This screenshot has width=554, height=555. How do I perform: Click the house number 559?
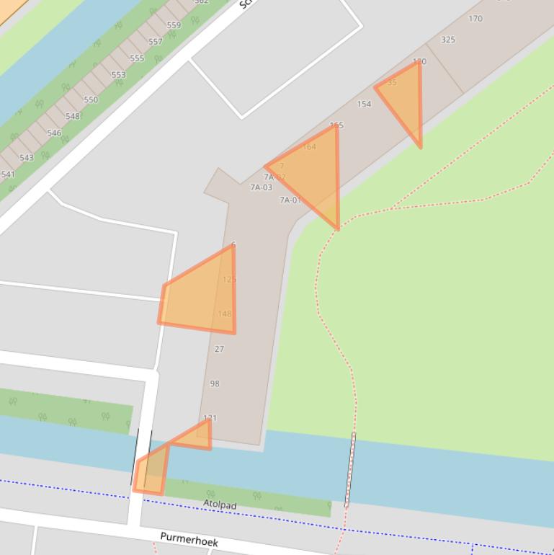tap(174, 25)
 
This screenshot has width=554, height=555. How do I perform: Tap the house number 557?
tap(156, 42)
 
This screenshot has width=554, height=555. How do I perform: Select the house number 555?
tap(137, 58)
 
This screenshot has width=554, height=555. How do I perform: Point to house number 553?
tap(118, 75)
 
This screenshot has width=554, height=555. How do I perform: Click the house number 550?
tap(91, 100)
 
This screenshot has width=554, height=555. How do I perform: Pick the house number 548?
tap(73, 117)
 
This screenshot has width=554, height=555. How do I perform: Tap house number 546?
tap(54, 133)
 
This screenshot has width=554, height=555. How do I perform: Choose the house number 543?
tap(27, 158)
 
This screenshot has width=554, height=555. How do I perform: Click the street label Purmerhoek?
tap(189, 539)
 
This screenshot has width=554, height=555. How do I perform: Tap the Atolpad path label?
tap(220, 505)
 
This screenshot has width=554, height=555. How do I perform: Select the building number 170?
tap(475, 19)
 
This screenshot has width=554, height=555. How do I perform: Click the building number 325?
tap(448, 40)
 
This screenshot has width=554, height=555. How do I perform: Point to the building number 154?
tap(365, 104)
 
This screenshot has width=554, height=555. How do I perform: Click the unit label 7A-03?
tap(262, 187)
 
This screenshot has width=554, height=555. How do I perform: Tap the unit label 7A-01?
tap(290, 200)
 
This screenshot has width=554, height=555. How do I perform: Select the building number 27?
tap(220, 349)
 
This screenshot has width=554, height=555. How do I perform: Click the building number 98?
tap(215, 383)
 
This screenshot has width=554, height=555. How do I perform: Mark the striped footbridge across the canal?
tap(350, 469)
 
